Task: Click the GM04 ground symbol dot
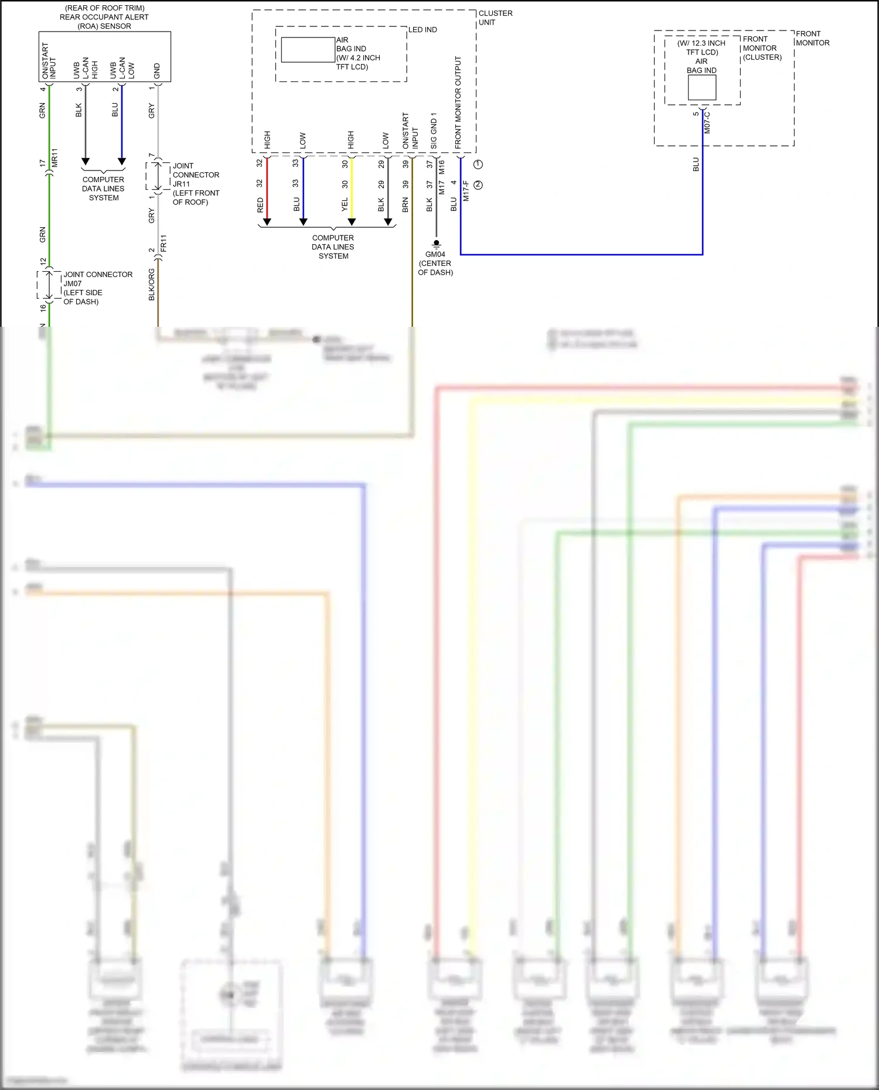[x=436, y=242]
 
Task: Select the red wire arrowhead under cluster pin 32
[x=267, y=222]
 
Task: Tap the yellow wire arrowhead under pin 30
[x=352, y=222]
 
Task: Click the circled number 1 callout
[x=478, y=165]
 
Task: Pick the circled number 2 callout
[x=478, y=185]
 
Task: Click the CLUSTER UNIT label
[x=495, y=18]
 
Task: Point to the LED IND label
[x=423, y=30]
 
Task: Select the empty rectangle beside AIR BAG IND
[x=308, y=50]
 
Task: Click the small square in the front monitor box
[x=701, y=88]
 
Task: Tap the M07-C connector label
[x=707, y=122]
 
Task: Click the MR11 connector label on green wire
[x=54, y=158]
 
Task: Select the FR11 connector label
[x=163, y=243]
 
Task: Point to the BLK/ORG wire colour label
[x=152, y=285]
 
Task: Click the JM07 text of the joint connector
[x=73, y=283]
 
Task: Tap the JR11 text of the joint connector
[x=181, y=184]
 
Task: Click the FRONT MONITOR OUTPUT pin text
[x=458, y=102]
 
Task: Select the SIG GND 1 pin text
[x=434, y=131]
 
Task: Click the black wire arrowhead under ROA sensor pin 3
[x=86, y=162]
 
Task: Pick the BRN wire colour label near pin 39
[x=405, y=204]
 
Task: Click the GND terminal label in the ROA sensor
[x=156, y=71]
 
